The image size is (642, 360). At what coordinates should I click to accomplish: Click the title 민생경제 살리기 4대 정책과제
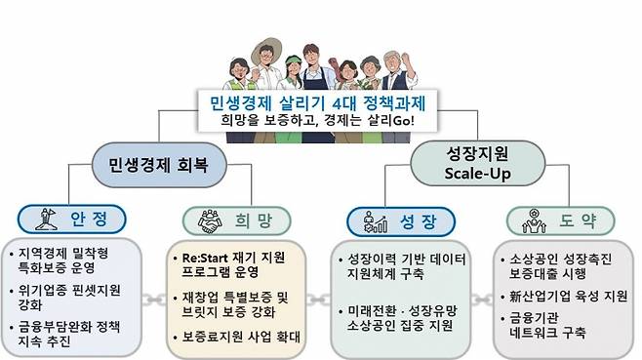[x=318, y=102]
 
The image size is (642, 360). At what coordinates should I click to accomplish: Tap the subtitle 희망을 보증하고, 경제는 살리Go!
[x=318, y=121]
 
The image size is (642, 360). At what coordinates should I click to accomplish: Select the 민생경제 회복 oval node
[x=159, y=165]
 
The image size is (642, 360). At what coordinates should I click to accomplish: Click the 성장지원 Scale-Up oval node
[x=477, y=163]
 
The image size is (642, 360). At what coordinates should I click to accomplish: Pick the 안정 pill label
[x=71, y=220]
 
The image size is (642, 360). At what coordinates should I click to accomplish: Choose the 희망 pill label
[x=237, y=220]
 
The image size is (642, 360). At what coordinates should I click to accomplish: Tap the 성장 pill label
[x=401, y=221]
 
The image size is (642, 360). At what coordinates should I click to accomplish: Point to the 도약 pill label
[x=561, y=220]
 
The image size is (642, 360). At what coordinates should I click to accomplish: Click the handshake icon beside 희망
[x=210, y=221]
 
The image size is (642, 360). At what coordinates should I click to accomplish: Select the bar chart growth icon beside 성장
[x=375, y=222]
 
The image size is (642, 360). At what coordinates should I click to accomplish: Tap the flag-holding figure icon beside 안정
[x=46, y=220]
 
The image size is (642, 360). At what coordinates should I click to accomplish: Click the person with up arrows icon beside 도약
[x=534, y=221]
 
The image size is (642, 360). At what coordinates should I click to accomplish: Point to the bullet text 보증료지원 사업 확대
[x=241, y=337]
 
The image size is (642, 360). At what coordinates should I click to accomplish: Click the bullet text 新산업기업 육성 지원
[x=568, y=296]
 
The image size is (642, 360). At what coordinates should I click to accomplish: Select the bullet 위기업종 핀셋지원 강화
[x=68, y=298]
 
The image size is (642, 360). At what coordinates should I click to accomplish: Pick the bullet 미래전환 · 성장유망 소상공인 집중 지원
[x=402, y=318]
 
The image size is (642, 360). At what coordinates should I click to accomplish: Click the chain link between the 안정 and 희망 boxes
[x=154, y=300]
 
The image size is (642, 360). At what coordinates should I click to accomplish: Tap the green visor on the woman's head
[x=293, y=61]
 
